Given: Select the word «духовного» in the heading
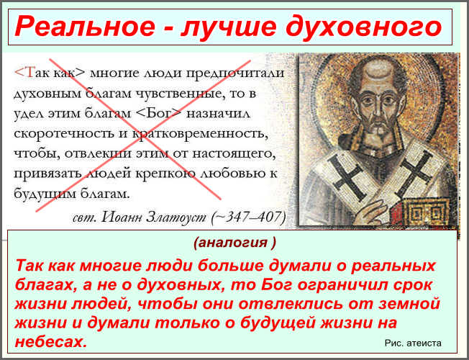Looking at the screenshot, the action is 363,27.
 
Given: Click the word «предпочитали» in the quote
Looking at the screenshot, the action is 235,74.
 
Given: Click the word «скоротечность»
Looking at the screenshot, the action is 64,134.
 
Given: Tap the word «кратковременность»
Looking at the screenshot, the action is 199,134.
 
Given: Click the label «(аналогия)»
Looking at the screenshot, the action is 234,243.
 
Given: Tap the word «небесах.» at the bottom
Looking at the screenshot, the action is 51,341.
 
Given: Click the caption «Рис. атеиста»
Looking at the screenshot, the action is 413,343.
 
